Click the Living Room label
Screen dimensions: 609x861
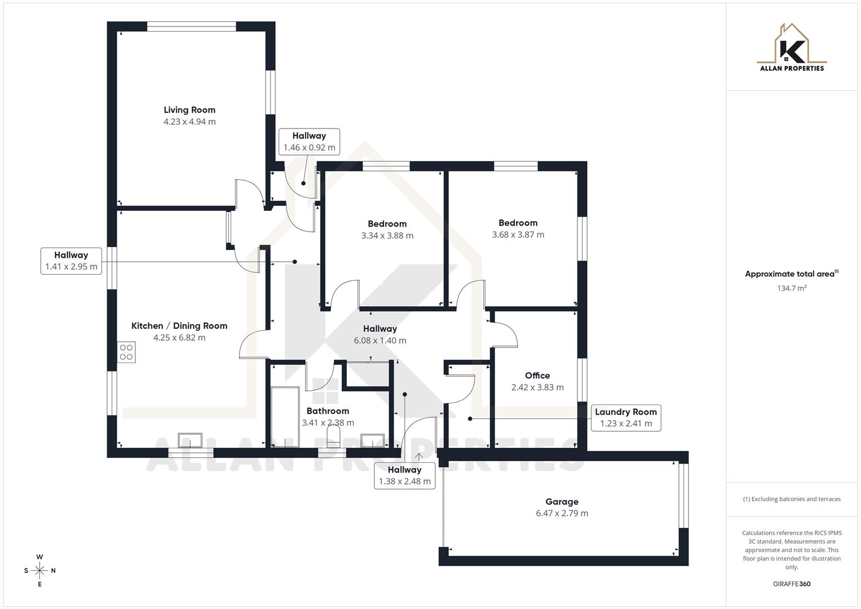189,110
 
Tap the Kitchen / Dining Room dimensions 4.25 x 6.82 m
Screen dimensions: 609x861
179,338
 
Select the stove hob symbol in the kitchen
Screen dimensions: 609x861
126,352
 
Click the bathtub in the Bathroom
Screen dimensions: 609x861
285,417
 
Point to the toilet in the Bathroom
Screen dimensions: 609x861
333,436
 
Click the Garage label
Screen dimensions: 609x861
562,501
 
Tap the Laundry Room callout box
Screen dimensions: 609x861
625,418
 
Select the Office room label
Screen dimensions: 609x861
537,376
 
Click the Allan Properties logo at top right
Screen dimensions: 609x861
792,48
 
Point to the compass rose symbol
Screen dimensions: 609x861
39,571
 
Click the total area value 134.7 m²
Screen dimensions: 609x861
792,288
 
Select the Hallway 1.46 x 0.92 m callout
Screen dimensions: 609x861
309,142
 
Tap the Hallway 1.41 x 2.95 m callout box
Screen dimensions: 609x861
71,261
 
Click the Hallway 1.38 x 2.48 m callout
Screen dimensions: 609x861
404,475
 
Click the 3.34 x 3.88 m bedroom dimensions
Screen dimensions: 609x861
387,236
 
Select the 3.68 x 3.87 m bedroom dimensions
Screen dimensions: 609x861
518,235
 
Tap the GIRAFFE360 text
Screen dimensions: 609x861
792,584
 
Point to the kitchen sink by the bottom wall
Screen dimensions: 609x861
190,440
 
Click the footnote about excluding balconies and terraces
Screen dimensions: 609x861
792,499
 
